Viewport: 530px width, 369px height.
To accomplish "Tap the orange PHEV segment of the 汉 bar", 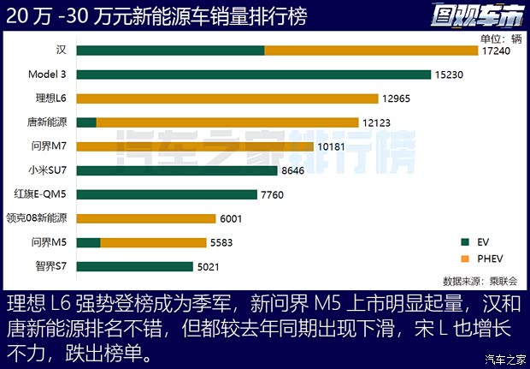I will click(370, 51).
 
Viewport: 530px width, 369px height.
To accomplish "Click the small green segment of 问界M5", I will click(89, 243).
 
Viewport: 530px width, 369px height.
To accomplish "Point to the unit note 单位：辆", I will click(500, 38).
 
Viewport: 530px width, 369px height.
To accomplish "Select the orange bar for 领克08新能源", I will click(146, 219).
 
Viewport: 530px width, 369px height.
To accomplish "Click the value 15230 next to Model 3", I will click(449, 75).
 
